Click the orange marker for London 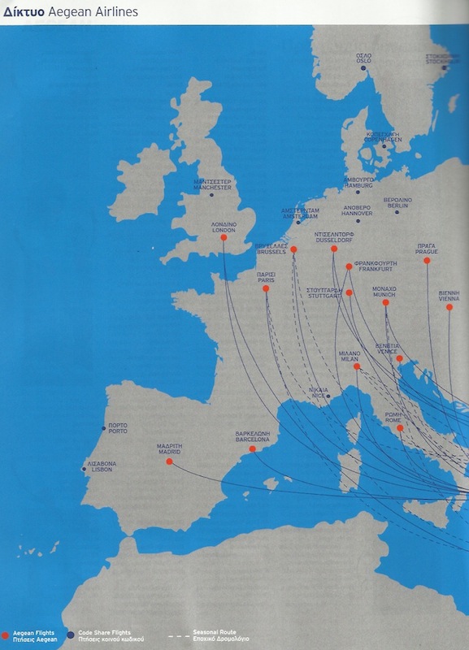(x=224, y=237)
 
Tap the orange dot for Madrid (x=169, y=461)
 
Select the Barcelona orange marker (x=253, y=448)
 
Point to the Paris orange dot (x=266, y=288)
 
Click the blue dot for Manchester (x=211, y=195)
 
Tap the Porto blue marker (x=103, y=427)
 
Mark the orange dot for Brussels (x=293, y=249)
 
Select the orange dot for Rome (x=399, y=427)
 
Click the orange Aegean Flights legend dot (x=6, y=633)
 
